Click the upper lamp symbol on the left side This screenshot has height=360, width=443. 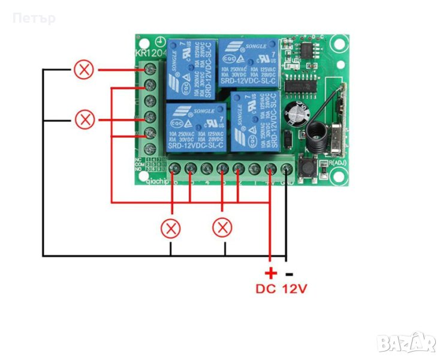84,70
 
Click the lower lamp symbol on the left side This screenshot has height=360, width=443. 84,119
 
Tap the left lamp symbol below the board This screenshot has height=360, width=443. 171,227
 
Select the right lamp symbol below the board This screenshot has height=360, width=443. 223,227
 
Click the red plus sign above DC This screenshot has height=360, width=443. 270,273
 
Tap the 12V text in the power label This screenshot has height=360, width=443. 294,289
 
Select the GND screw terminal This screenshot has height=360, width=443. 287,168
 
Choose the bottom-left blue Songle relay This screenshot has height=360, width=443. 190,127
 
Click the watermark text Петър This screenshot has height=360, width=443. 34,17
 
